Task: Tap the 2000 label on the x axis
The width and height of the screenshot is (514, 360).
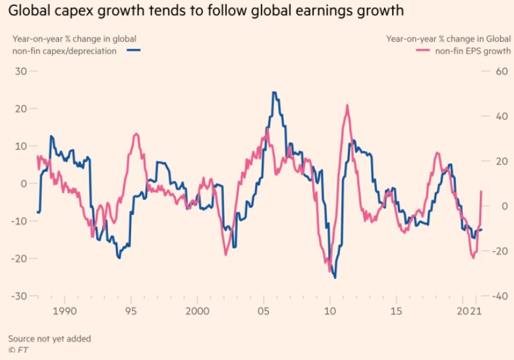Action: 196,310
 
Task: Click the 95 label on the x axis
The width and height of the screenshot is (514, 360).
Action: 132,310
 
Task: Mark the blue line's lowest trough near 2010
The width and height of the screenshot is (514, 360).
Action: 335,278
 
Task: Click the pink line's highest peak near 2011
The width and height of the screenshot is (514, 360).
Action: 347,105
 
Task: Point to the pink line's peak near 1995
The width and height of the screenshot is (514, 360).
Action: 136,134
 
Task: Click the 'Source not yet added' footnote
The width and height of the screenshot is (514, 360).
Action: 49,338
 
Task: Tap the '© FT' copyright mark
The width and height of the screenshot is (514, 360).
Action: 18,349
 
